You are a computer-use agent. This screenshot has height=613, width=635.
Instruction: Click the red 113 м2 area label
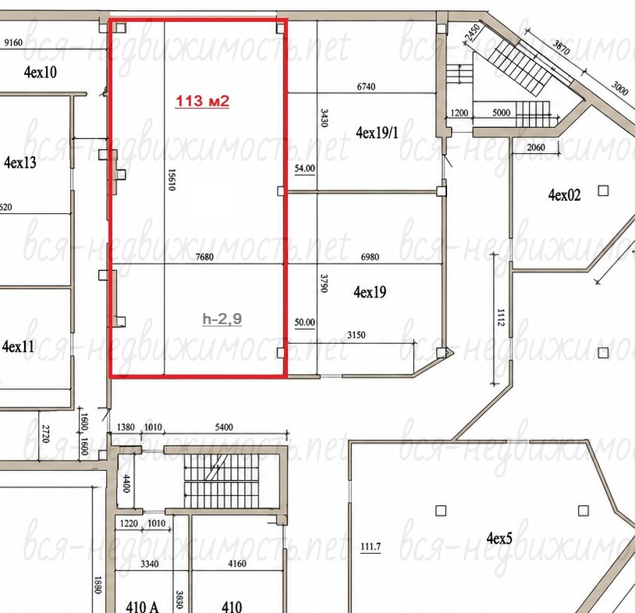click(x=202, y=101)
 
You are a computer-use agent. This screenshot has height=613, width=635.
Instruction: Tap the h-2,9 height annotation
click(x=222, y=319)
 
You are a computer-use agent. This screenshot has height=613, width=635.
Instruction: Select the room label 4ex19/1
click(x=377, y=132)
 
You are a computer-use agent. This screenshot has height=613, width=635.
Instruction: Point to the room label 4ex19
click(x=370, y=291)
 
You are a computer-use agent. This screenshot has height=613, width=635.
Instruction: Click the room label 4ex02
click(x=565, y=194)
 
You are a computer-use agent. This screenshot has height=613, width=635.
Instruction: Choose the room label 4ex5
click(x=499, y=538)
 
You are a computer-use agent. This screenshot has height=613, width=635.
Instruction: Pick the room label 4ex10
click(x=40, y=72)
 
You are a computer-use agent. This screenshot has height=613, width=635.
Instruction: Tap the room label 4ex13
click(x=20, y=162)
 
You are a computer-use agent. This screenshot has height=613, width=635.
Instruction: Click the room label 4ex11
click(x=18, y=347)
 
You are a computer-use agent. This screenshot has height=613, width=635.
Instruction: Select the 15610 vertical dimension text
click(x=172, y=180)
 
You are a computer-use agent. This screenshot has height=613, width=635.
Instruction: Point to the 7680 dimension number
click(x=204, y=257)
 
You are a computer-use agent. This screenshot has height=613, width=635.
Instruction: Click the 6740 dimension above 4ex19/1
click(x=366, y=87)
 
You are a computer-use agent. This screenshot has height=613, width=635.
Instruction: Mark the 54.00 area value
click(x=304, y=168)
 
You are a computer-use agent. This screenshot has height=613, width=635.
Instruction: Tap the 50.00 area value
click(x=304, y=323)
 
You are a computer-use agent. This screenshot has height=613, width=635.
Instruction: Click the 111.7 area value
click(x=371, y=547)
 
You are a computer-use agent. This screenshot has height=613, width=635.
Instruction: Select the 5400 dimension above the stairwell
click(x=224, y=427)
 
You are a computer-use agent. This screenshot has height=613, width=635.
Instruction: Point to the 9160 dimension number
click(x=13, y=42)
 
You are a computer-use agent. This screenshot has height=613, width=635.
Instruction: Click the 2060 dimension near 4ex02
click(x=536, y=147)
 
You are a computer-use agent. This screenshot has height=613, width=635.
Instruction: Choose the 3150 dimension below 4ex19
click(x=357, y=335)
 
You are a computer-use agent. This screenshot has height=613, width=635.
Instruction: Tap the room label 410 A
click(x=142, y=607)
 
